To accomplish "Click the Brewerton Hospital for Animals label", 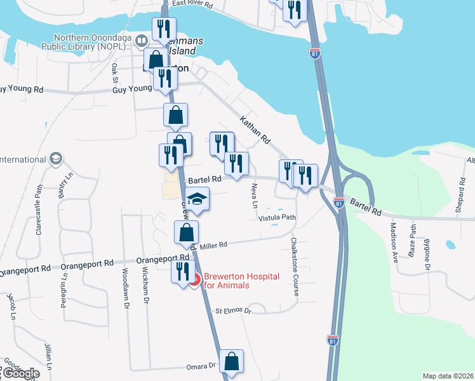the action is pos(235,281).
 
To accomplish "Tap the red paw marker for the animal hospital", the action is pos(196,279).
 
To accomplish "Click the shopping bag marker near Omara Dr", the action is pos(231,361).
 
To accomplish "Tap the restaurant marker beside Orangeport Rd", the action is pos(182,272).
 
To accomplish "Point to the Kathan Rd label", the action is pos(255,129).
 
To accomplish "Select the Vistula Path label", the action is pos(278,217).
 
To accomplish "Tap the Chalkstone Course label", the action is pos(294,260).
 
